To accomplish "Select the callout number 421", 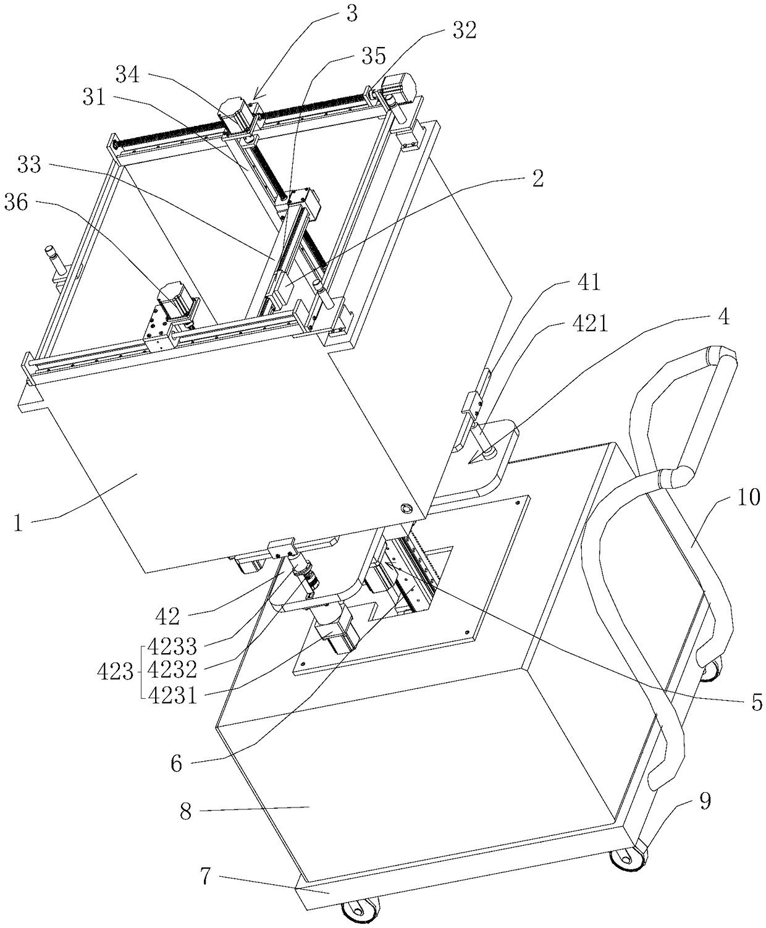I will point(591,323).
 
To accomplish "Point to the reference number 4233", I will point(175,647).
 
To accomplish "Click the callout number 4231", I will point(175,696).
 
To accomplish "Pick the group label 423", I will point(115,672).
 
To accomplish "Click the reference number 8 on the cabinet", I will point(186,811).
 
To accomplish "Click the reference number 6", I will point(177,764).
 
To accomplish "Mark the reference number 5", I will point(757,702).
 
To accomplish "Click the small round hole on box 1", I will point(406,508).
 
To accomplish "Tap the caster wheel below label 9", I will point(628,859).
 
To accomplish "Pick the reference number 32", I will point(464,31).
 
